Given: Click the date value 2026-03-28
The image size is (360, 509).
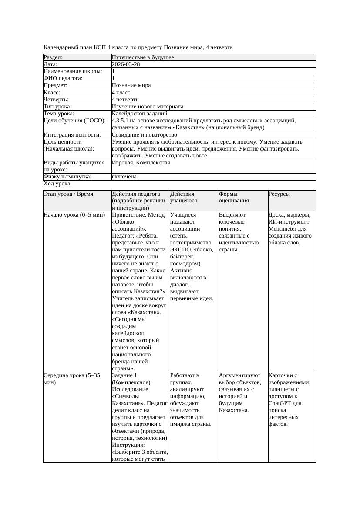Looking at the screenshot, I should [x=126, y=64].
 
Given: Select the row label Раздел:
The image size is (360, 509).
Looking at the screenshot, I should [x=53, y=57].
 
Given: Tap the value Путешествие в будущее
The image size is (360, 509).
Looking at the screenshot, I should [x=143, y=57].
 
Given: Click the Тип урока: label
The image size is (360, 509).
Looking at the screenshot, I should [x=58, y=107].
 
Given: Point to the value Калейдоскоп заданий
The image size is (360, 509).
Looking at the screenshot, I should [x=139, y=114].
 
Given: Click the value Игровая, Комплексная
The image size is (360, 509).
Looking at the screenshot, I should [x=141, y=163].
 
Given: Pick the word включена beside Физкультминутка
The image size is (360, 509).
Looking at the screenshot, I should [x=124, y=177].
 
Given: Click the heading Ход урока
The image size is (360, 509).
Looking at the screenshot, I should [x=57, y=184].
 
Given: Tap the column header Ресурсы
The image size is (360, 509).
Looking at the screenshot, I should [x=279, y=194].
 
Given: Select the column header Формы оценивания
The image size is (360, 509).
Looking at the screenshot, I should [x=234, y=198].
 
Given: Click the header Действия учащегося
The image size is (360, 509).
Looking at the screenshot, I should [x=183, y=198].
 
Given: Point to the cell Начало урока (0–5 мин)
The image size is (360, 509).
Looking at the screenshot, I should [x=74, y=215].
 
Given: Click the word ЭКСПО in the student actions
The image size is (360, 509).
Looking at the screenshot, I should [x=180, y=250].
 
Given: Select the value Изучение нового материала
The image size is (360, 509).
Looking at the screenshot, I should [x=148, y=107].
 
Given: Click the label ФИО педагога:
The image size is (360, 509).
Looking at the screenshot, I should [x=64, y=78].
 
